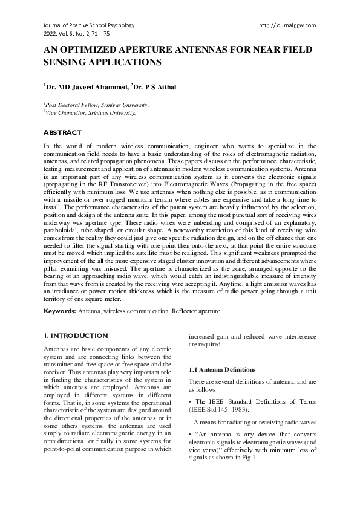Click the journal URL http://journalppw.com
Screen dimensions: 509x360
287,25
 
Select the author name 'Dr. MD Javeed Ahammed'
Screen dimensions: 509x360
87,87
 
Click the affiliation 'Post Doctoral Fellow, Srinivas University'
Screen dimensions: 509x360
89,105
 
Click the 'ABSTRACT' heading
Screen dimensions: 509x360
62,132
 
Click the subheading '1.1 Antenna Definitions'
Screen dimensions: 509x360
223,369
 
